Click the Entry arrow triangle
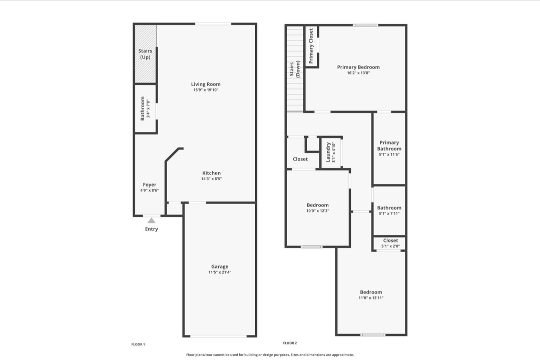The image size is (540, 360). pos(151,220)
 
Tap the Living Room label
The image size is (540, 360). pos(206,84)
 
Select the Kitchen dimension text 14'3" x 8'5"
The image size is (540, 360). pos(211,178)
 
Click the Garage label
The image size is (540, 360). pos(219,266)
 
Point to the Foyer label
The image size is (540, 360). pos(149,184)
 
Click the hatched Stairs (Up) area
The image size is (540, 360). pos(145,53)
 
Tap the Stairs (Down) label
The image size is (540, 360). pos(294,69)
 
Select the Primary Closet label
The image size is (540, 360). pos(311,46)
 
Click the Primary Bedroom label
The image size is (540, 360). pos(358,67)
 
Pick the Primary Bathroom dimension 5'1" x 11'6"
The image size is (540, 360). pos(389,154)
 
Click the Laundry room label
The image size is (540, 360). pos(328,152)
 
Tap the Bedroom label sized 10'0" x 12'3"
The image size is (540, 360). pos(318,205)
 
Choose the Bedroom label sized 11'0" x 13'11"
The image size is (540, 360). pos(371,292)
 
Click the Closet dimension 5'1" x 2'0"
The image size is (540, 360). pos(390,246)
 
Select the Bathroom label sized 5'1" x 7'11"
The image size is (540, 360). pos(389,207)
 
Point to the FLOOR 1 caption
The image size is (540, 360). pos(138,344)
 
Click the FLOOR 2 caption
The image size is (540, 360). pos(290,343)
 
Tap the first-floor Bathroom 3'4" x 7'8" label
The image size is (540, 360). pos(143,108)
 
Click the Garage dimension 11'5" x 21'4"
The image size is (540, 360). pos(219,272)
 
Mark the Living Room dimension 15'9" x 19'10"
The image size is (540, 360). pos(206,90)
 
